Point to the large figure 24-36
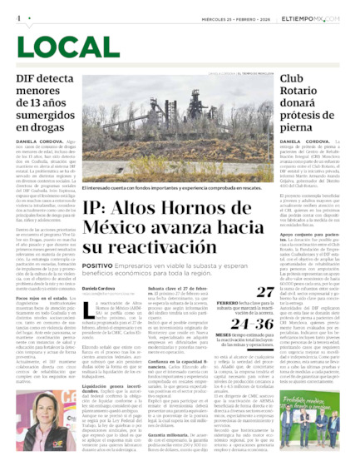[253, 323]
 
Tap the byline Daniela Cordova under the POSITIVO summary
[99, 288]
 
